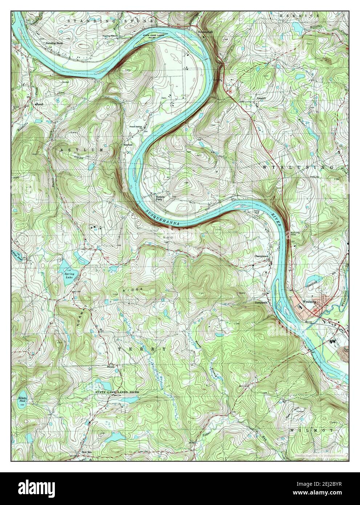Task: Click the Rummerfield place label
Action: pyautogui.click(x=205, y=32)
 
